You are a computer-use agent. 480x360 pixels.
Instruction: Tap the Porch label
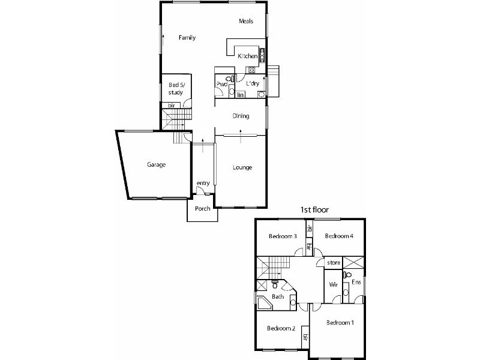203,209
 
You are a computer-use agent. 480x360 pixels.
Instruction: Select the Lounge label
242,167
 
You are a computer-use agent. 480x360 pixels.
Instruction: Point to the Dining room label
241,116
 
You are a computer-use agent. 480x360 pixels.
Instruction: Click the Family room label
187,38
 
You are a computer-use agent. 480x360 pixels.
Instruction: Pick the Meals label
246,21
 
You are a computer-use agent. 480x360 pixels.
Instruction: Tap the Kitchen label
247,56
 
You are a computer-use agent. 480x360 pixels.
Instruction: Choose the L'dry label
252,84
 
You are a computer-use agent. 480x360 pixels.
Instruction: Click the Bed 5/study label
175,89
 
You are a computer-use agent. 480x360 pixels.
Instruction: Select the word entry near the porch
202,184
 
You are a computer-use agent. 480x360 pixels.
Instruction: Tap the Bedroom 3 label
283,236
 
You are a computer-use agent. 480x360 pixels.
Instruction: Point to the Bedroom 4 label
339,236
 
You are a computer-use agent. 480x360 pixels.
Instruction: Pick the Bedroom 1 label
340,323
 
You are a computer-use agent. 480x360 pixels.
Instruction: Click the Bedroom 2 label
281,328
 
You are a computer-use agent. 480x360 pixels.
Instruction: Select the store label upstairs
334,263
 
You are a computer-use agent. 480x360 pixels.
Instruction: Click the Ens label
356,281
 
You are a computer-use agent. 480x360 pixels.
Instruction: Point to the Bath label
278,296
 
